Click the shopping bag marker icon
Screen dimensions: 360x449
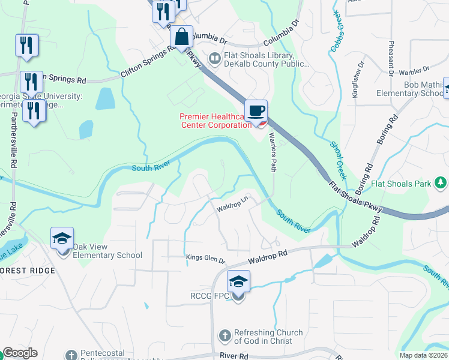[x=181, y=37]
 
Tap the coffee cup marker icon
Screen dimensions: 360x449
[x=256, y=110]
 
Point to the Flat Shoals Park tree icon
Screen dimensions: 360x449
[x=440, y=182]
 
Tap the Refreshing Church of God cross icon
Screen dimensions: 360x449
[x=225, y=336]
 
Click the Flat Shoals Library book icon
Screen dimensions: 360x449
[x=214, y=58]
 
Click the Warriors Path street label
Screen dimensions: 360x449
[x=272, y=153]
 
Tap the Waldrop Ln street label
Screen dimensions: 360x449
[x=232, y=206]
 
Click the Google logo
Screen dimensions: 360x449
[x=19, y=353]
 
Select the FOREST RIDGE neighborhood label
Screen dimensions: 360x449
[x=27, y=271]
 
